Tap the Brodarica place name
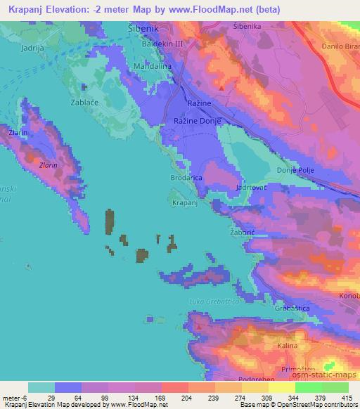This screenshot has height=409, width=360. tap(187, 178)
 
